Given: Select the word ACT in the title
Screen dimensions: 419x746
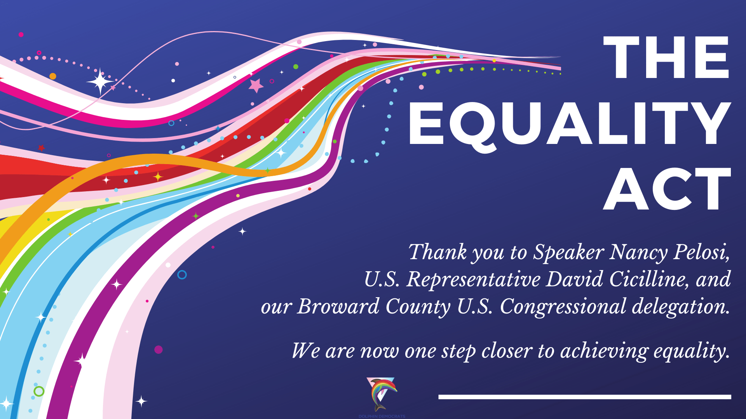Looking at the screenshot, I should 667,189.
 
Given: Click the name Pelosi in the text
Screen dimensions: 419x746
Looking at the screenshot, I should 701,252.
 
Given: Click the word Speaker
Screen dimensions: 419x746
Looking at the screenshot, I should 568,253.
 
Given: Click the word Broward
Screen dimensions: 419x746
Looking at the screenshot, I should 338,306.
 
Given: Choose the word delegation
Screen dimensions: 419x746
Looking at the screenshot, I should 680,307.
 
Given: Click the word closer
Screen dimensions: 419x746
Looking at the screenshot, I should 507,351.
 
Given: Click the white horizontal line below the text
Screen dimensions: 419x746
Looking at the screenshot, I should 584,397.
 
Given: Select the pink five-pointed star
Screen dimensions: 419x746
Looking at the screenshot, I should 256,85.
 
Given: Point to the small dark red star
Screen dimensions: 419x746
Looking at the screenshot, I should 41,148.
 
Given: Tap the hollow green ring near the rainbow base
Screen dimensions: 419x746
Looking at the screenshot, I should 39,391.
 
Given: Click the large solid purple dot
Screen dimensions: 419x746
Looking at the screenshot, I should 159,350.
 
